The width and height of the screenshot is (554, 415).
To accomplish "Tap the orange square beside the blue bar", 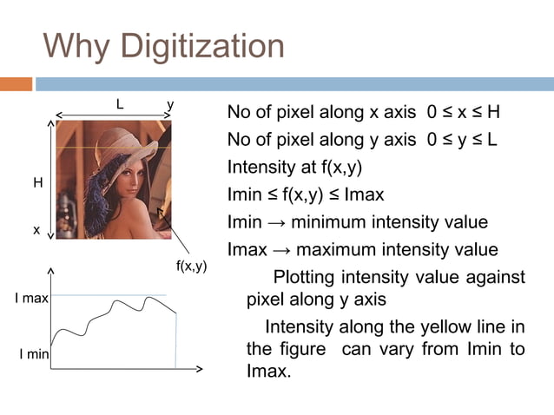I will point(16,84).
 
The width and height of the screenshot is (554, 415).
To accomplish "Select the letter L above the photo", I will point(120,104).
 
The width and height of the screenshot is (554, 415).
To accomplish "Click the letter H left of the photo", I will point(37,183).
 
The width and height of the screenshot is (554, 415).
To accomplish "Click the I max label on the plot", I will point(31,299).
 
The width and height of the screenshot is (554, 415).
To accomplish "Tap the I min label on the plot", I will point(33,354).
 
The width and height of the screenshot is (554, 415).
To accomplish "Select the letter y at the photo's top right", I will point(171,105).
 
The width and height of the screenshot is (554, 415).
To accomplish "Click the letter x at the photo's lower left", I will point(36,230).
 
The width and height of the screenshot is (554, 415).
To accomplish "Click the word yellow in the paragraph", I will point(440,327).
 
